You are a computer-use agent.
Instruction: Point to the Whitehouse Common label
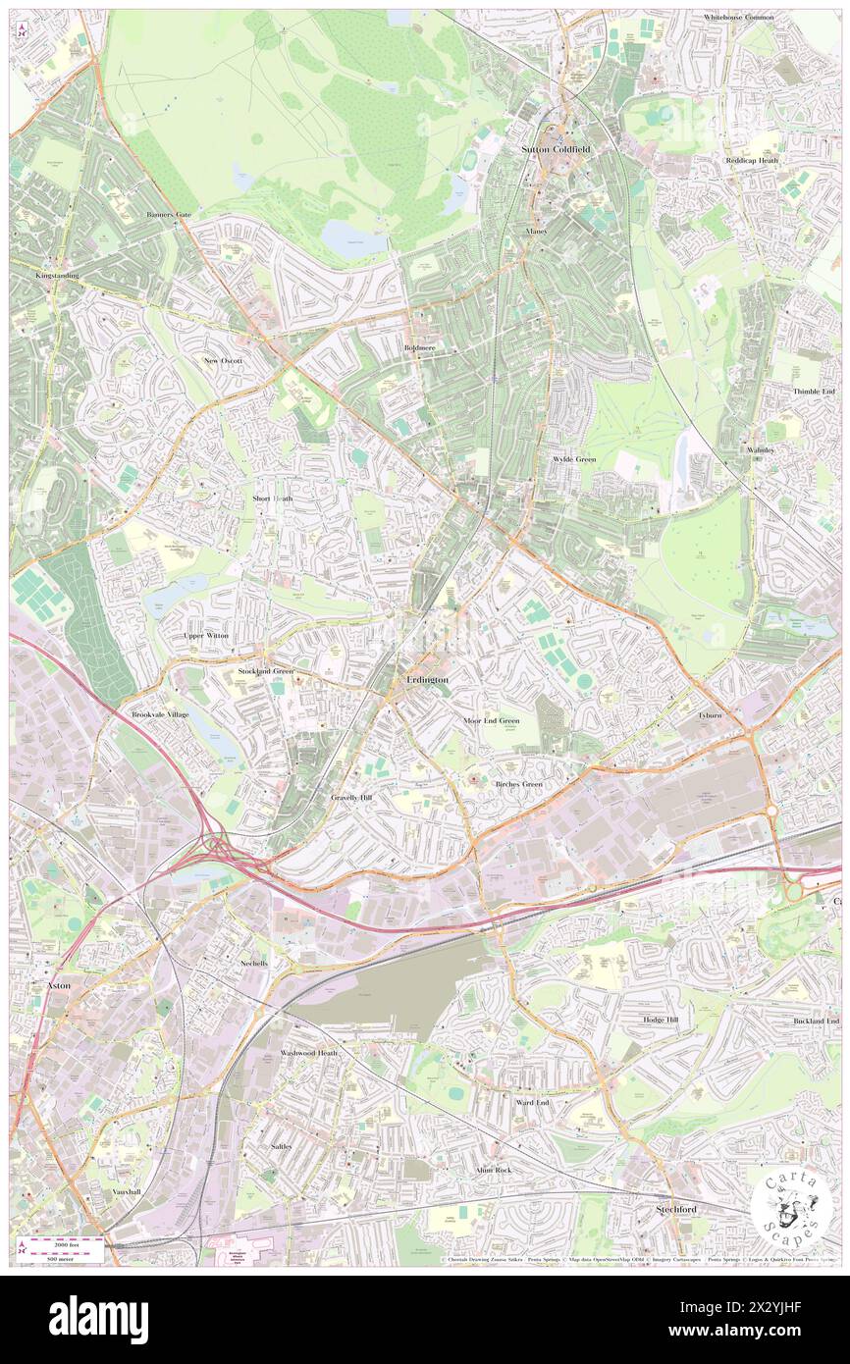click(x=738, y=18)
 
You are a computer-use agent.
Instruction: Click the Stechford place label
click(x=676, y=1209)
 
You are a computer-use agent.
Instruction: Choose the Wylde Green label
click(x=574, y=459)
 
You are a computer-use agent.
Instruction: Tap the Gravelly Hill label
click(x=351, y=798)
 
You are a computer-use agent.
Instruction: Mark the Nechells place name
click(x=253, y=963)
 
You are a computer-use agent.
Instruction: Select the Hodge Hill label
click(x=667, y=1021)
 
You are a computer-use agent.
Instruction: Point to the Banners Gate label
click(x=169, y=214)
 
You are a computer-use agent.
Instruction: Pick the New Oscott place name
click(x=223, y=360)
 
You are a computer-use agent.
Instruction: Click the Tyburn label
click(x=709, y=715)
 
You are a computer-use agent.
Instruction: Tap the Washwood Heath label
click(x=308, y=1053)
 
